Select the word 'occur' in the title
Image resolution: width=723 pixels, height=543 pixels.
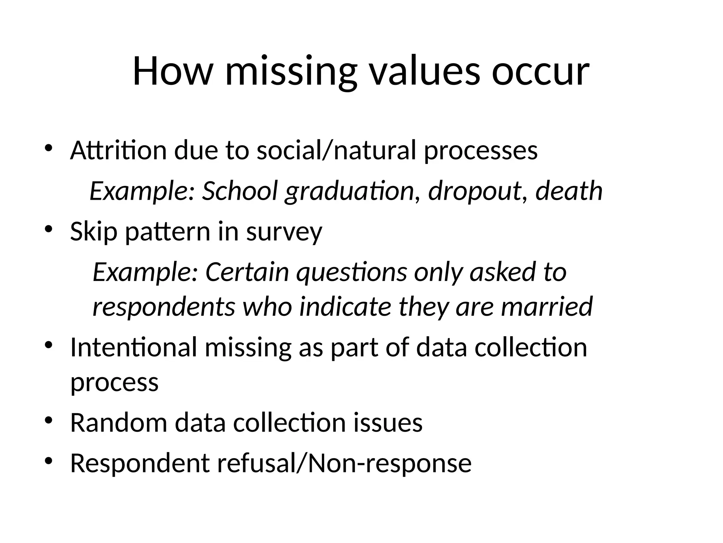point(540,72)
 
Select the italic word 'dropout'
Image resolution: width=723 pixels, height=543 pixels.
point(474,191)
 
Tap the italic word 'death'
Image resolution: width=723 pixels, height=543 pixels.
point(569,191)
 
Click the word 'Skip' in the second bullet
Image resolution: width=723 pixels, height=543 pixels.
point(94,232)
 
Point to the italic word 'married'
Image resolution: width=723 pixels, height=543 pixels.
point(547,306)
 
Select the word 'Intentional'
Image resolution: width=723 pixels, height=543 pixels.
point(133,347)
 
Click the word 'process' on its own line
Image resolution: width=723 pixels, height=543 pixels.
point(114,383)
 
